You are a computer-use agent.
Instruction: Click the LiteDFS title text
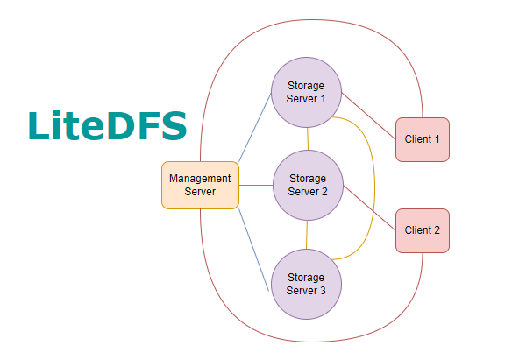[x=107, y=125]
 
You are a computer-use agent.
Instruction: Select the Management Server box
[x=200, y=185]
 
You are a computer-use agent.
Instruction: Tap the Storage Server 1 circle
[x=307, y=92]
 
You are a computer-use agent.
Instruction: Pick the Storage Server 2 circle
[x=307, y=185]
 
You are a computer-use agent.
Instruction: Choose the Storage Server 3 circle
[x=306, y=284]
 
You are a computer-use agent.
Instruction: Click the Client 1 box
[x=423, y=139]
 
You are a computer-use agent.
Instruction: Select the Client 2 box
[x=423, y=230]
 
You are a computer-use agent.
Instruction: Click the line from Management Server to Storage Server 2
[x=255, y=185]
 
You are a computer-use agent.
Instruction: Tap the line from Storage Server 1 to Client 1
[x=368, y=115]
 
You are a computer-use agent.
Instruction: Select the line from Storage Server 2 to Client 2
[x=369, y=208]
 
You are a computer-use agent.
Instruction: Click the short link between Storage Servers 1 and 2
[x=307, y=138]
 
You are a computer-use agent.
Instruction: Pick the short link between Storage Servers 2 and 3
[x=307, y=234]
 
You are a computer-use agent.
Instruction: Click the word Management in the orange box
[x=200, y=179]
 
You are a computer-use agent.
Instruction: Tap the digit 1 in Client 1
[x=436, y=139]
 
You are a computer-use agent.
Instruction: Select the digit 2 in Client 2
[x=436, y=230]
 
